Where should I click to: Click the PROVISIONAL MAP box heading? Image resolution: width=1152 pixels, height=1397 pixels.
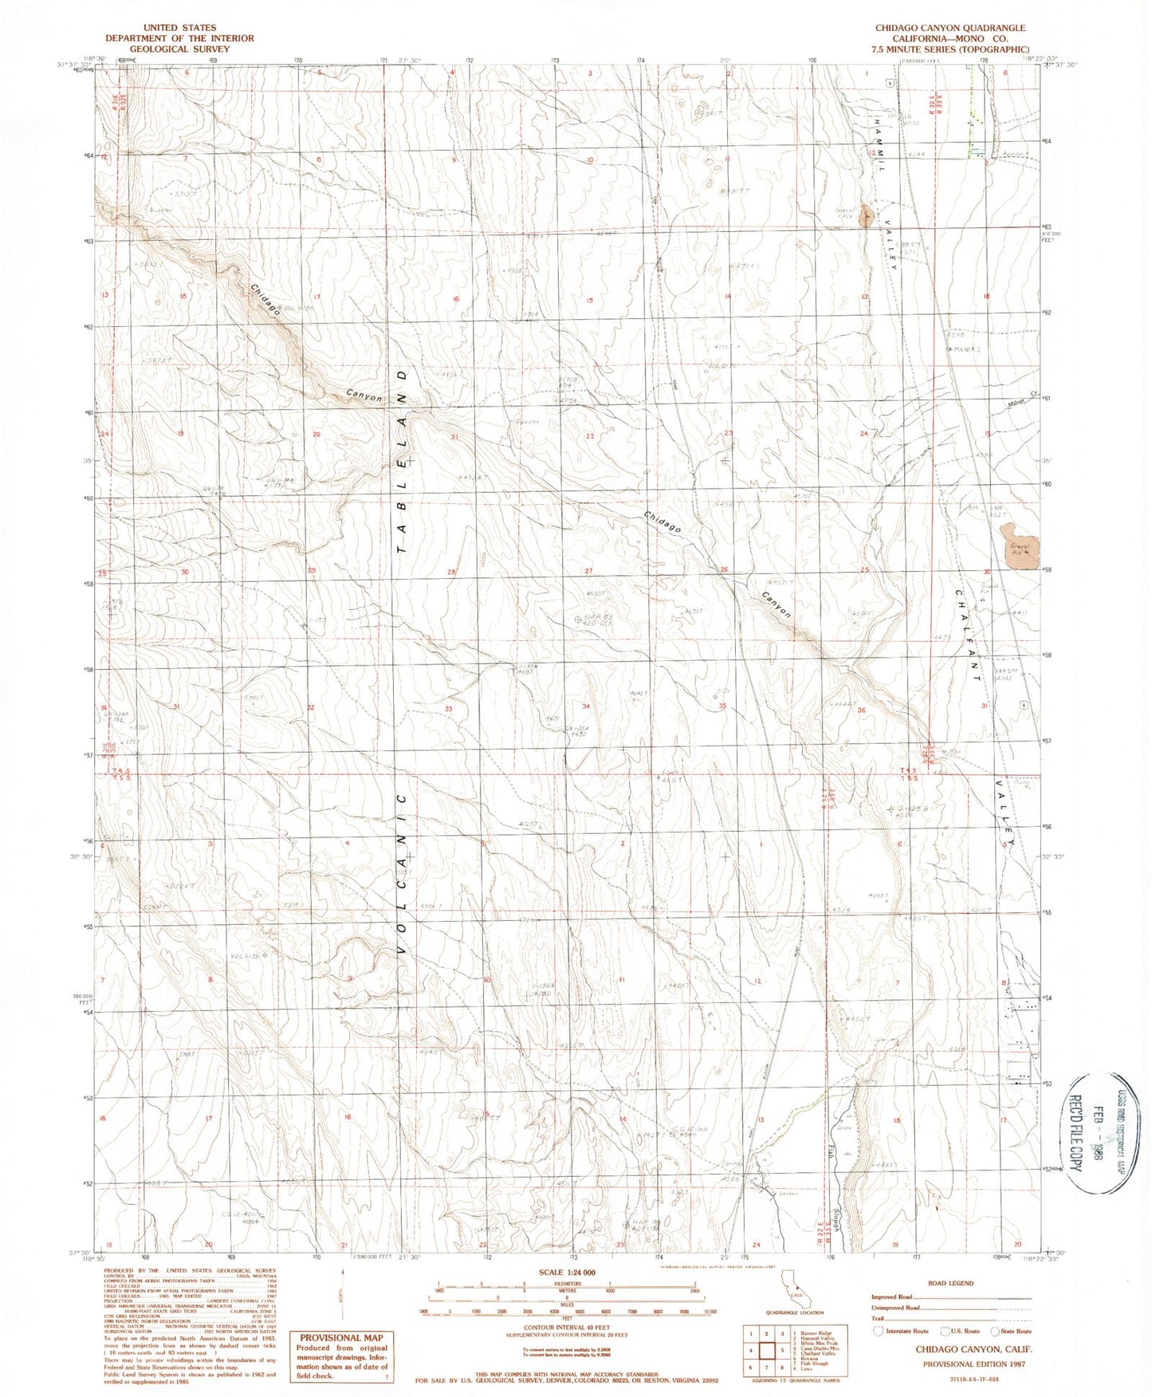(x=341, y=1337)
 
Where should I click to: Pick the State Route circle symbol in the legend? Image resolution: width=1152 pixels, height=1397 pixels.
(x=995, y=1331)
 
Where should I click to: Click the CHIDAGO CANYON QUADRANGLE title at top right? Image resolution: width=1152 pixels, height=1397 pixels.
(x=950, y=28)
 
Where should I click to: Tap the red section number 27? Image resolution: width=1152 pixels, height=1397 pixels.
(x=589, y=571)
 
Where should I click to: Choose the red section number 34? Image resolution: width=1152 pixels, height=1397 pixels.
(x=587, y=706)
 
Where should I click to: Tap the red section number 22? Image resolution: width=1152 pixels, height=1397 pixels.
(x=591, y=435)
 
